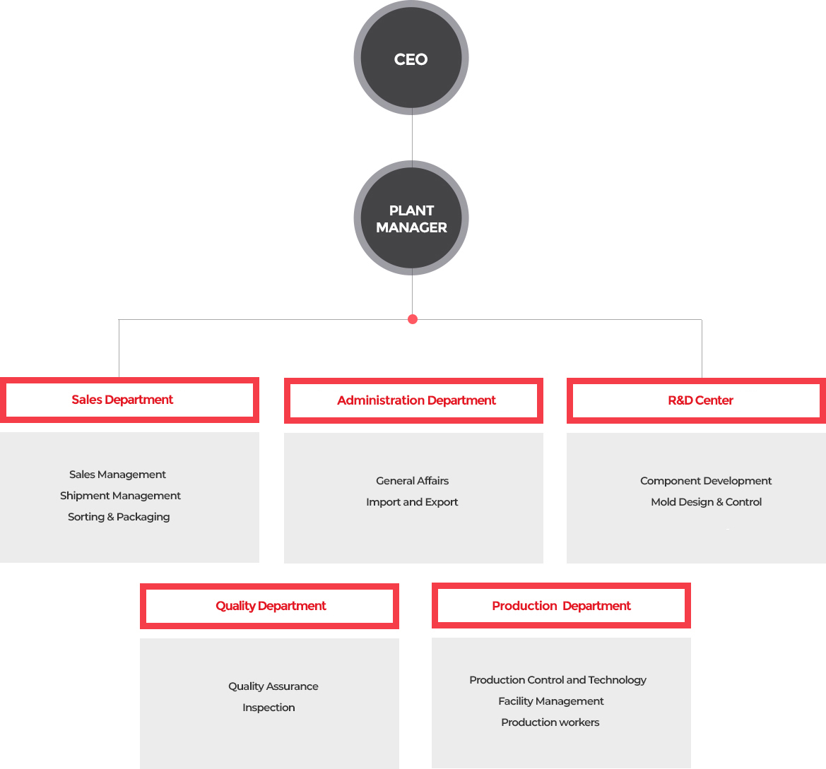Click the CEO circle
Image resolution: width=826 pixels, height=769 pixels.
(411, 58)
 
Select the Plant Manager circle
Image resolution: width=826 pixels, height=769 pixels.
(411, 218)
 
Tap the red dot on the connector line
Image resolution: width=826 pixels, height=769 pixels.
(413, 319)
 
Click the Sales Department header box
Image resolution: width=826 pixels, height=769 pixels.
(129, 400)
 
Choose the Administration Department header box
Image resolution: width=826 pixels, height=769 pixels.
(413, 400)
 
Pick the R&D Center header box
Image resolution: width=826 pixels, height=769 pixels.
(697, 400)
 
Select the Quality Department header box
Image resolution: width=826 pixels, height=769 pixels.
(269, 606)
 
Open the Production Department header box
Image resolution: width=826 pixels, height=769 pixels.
(561, 605)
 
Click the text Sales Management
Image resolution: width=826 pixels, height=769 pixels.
(117, 475)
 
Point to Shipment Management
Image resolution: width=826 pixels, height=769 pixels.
(120, 496)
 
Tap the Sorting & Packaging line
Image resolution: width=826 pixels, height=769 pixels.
(119, 517)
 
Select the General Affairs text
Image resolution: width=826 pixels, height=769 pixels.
(413, 481)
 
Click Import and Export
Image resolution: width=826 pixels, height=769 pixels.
(412, 502)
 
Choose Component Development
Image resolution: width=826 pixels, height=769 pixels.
(706, 481)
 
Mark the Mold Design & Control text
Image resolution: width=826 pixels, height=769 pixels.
(707, 502)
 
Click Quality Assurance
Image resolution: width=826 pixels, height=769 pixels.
(273, 686)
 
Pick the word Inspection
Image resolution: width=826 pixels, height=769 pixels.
(269, 708)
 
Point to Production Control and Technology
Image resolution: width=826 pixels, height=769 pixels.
(558, 680)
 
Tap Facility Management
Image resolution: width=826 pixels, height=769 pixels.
(551, 701)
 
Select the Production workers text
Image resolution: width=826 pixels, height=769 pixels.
(550, 722)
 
